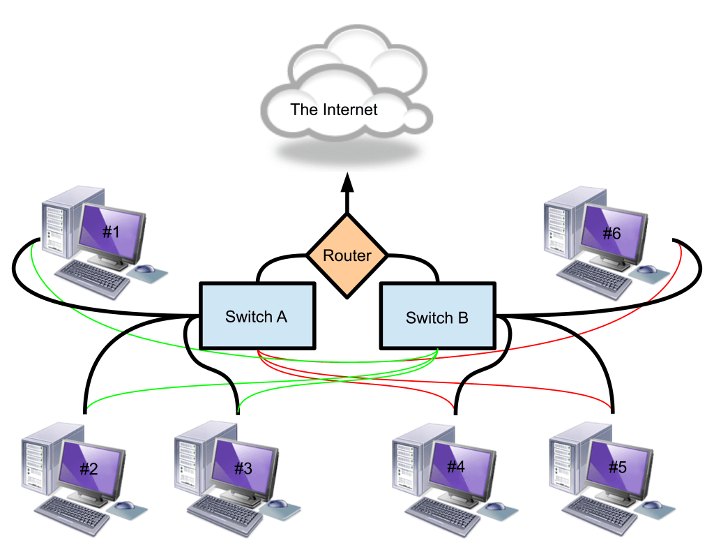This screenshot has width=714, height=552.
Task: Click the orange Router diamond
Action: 347,255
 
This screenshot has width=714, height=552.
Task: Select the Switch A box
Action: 257,315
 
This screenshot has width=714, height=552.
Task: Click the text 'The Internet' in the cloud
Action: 334,110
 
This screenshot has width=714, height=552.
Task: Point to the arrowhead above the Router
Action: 347,184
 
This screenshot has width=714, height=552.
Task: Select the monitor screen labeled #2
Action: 90,467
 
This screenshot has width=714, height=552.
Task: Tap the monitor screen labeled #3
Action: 243,467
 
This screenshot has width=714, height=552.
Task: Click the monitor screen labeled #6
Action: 612,232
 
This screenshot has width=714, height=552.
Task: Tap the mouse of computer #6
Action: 648,269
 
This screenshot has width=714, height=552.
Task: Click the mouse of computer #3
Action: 277,504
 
